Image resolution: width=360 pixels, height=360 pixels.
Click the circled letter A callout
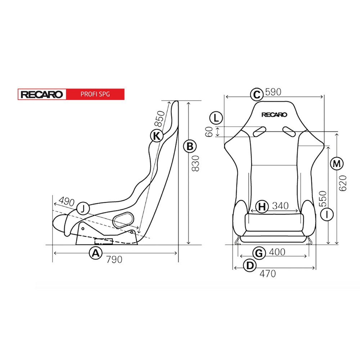pyautogui.click(x=95, y=253)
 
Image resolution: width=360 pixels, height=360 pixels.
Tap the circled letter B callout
pyautogui.click(x=190, y=146)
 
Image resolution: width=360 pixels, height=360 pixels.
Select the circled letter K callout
pyautogui.click(x=157, y=136)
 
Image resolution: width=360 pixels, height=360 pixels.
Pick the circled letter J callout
pyautogui.click(x=83, y=208)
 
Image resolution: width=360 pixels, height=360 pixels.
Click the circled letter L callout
pyautogui.click(x=216, y=118)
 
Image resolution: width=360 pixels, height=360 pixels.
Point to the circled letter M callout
pyautogui.click(x=337, y=164)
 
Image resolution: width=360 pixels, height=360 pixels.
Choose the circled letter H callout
pyautogui.click(x=262, y=206)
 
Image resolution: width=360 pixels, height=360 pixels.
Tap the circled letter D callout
pyautogui.click(x=249, y=265)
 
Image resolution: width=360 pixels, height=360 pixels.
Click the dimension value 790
pyautogui.click(x=114, y=260)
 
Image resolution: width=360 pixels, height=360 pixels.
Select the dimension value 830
pyautogui.click(x=195, y=163)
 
